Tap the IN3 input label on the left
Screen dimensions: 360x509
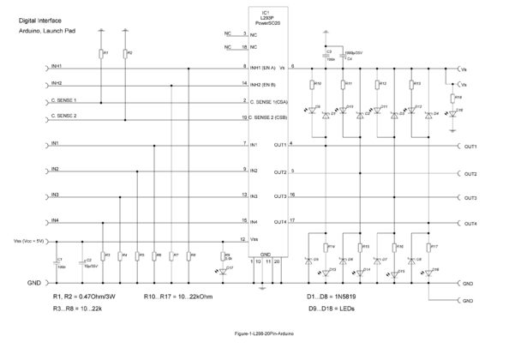55,195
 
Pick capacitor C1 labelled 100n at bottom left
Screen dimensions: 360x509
60,261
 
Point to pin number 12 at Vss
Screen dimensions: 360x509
244,239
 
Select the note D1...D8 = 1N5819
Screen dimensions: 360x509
332,297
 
